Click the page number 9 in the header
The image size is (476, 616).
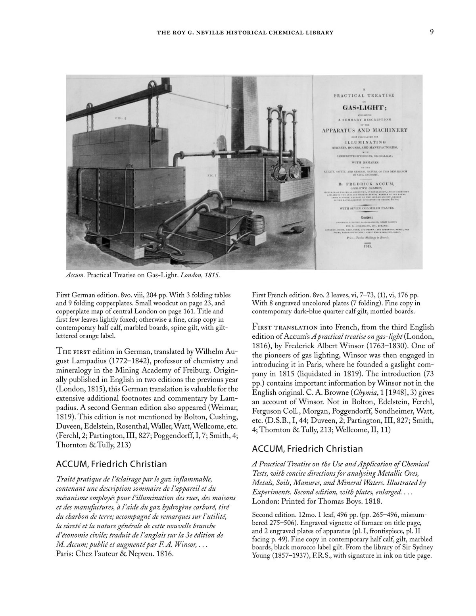point(432,32)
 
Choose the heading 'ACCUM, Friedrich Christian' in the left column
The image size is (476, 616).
point(111,464)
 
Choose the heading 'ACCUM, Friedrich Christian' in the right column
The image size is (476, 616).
point(307,449)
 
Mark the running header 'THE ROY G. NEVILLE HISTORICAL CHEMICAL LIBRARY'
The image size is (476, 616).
point(245,33)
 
